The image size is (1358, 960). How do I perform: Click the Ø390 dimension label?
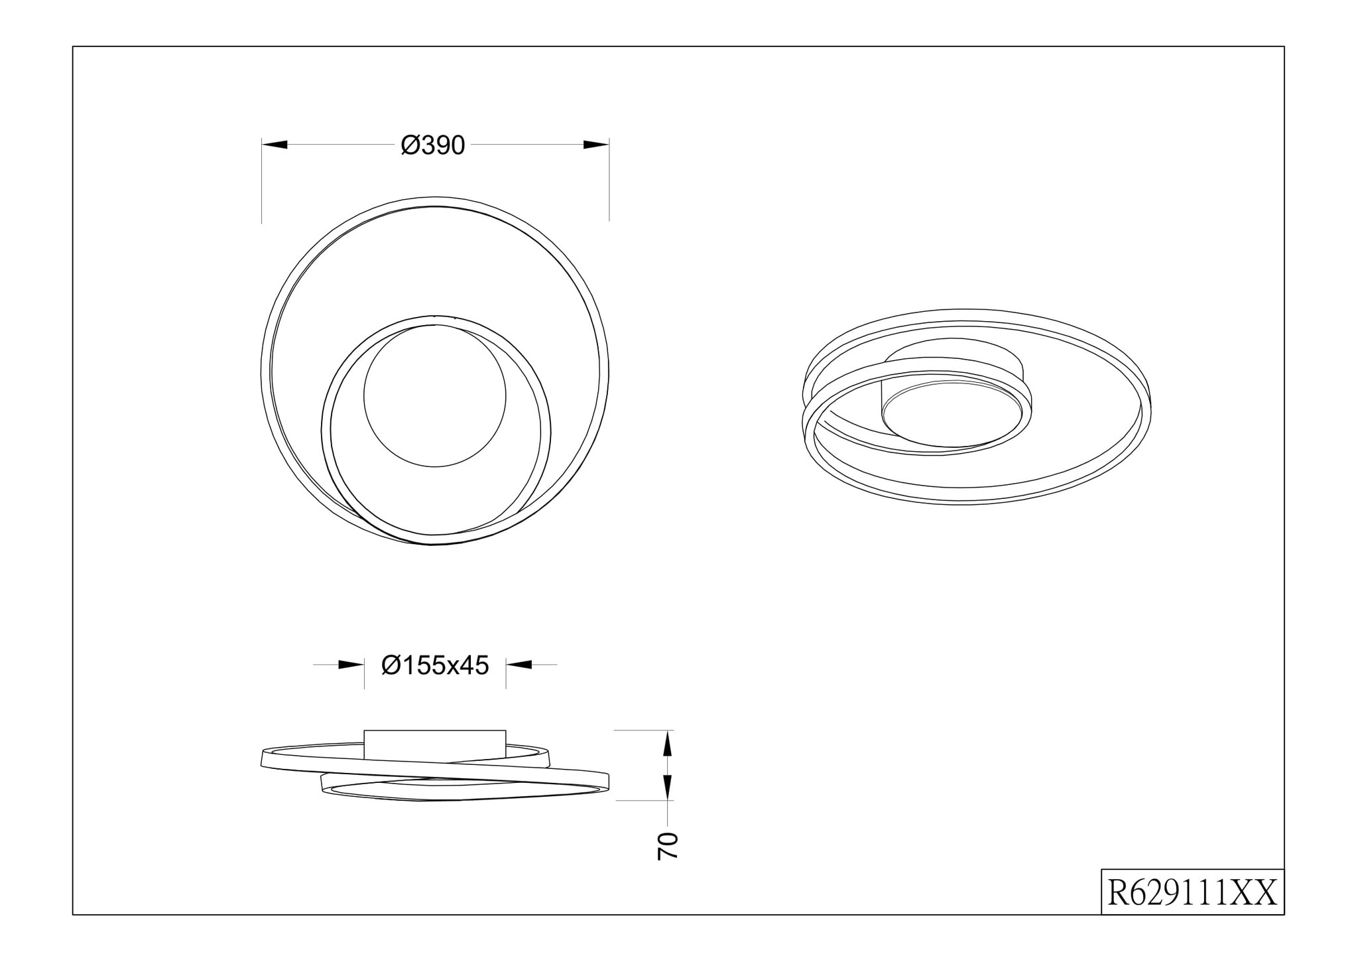pyautogui.click(x=433, y=145)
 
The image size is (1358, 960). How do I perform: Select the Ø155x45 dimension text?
pyautogui.click(x=435, y=665)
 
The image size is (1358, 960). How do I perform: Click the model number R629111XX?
pyautogui.click(x=1192, y=892)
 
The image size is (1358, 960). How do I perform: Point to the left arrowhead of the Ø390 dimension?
pyautogui.click(x=275, y=145)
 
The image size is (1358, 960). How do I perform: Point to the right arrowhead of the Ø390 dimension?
pyautogui.click(x=596, y=145)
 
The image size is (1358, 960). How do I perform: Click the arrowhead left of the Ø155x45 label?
pyautogui.click(x=351, y=664)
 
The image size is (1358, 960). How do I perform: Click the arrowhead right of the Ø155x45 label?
pyautogui.click(x=519, y=664)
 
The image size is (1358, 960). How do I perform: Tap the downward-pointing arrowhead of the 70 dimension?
pyautogui.click(x=668, y=788)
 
